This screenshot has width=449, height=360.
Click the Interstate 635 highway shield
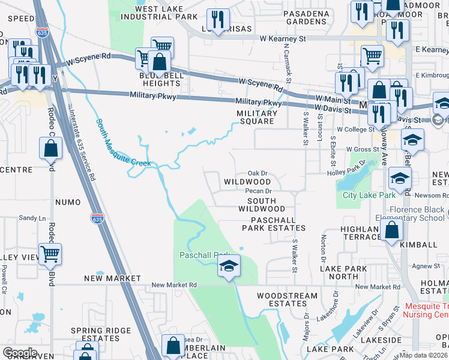pyautogui.click(x=97, y=219)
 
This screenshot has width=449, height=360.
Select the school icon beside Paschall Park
pyautogui.click(x=228, y=266)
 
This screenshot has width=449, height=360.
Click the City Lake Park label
pyautogui.click(x=369, y=196)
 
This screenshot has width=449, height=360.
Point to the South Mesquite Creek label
pyautogui.click(x=124, y=143)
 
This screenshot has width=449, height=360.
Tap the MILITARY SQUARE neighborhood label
pyautogui.click(x=255, y=117)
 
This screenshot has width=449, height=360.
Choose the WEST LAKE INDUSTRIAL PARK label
pyautogui.click(x=158, y=13)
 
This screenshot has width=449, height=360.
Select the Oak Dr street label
pyautogui.click(x=257, y=173)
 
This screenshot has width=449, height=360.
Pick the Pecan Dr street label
pyautogui.click(x=259, y=191)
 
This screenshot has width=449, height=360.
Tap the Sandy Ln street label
pyautogui.click(x=32, y=218)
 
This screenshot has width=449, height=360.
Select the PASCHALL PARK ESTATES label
pyautogui.click(x=274, y=224)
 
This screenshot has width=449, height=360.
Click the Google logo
pyautogui.click(x=20, y=352)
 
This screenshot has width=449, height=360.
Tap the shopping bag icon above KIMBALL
pyautogui.click(x=391, y=230)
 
